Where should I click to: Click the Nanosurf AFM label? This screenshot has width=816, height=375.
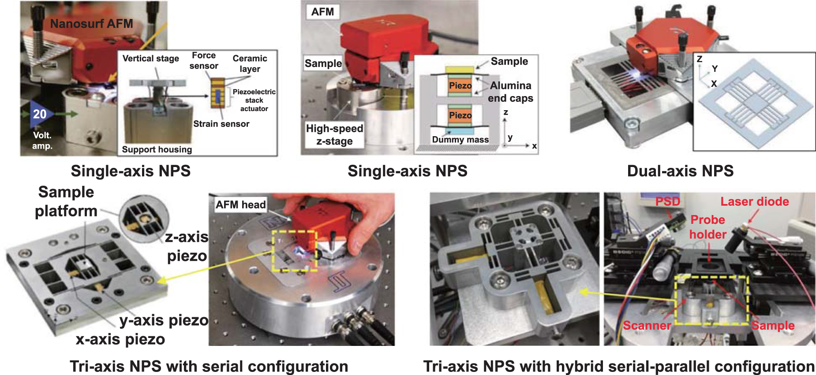[91, 24]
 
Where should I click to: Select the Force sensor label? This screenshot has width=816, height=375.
[203, 61]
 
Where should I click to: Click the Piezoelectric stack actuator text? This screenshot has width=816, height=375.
[254, 100]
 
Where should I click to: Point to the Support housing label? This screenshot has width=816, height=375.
[157, 149]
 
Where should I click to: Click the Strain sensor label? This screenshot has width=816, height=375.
[221, 124]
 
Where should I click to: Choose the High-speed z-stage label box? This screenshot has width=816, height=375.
[334, 135]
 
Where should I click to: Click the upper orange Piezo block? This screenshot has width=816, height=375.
[460, 85]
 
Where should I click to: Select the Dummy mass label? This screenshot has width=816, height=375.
[460, 140]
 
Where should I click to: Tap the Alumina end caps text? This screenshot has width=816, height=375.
[510, 92]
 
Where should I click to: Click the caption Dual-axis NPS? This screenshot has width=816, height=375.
[680, 171]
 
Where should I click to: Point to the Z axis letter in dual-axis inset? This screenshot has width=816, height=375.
[699, 59]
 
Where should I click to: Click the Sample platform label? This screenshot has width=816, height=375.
[66, 201]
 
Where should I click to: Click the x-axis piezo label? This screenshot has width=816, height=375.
[120, 339]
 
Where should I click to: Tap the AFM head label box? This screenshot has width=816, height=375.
[240, 204]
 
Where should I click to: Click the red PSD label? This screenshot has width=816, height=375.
[667, 202]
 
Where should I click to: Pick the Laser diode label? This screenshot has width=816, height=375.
[754, 202]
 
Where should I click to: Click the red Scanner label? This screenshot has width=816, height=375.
[647, 326]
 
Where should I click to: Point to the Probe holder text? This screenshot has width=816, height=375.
[707, 227]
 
